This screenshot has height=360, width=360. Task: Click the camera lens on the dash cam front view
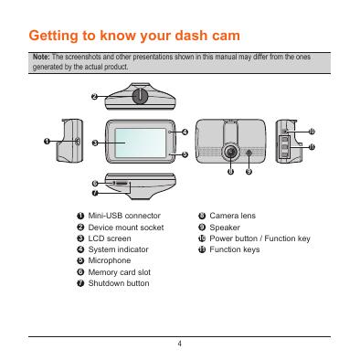(x=230, y=152)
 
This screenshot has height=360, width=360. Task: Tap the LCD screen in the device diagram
(x=141, y=143)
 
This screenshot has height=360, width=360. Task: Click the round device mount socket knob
(x=140, y=96)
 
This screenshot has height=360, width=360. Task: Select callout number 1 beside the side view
(x=47, y=141)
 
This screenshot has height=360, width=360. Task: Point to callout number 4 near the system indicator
(x=185, y=132)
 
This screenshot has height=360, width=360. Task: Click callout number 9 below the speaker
(x=249, y=172)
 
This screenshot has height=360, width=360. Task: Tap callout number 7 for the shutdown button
(x=95, y=193)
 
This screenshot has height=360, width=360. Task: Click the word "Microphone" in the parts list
(x=110, y=260)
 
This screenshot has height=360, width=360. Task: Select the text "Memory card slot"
(x=120, y=272)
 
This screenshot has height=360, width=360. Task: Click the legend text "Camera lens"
(x=232, y=216)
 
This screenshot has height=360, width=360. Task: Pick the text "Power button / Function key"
(x=259, y=238)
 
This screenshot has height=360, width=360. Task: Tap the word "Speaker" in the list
(x=225, y=228)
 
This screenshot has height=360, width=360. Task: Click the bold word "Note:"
(x=41, y=57)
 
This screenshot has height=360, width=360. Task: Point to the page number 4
(x=180, y=344)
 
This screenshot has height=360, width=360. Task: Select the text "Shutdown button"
(x=119, y=283)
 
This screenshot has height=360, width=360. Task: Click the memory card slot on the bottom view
(x=121, y=184)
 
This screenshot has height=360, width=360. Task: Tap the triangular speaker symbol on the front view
(x=249, y=153)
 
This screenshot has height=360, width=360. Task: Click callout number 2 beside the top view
(x=95, y=97)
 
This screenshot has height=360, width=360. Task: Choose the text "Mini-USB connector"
(x=124, y=216)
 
